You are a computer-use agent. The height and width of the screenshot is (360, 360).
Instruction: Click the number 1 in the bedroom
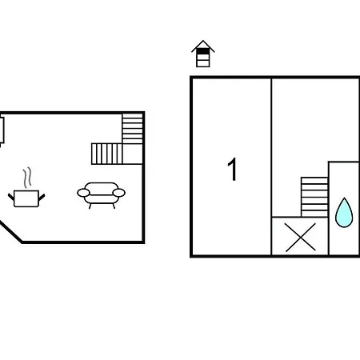point(233,169)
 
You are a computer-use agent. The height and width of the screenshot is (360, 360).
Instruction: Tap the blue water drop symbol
point(344,213)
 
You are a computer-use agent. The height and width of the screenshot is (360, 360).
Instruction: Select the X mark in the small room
point(301,237)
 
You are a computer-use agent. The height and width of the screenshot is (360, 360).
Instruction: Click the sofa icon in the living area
point(101,195)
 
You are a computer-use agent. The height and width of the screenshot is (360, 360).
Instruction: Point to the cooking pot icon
point(26,198)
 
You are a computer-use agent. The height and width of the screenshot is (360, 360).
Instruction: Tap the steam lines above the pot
point(27,178)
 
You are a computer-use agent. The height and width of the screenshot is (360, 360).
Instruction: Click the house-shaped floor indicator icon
point(203,54)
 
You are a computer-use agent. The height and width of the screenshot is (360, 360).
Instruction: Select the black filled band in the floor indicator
point(203,51)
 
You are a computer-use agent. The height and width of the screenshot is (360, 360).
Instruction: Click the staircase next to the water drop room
point(314,197)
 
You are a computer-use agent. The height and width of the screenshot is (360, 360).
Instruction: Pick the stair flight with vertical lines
point(106,154)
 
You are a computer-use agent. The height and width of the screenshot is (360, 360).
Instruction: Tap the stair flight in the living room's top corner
point(133,129)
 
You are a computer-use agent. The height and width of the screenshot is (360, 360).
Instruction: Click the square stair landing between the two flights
point(133,154)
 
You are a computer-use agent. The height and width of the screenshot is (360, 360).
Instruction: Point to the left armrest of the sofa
point(83,193)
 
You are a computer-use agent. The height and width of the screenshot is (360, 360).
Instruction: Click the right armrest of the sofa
point(119,193)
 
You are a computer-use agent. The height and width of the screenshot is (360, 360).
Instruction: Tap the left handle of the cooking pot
point(11,197)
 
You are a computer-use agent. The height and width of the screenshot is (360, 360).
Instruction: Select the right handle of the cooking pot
point(42,198)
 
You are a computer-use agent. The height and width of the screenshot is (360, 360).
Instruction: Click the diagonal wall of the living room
point(10,231)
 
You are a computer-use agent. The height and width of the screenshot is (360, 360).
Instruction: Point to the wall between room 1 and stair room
point(271,166)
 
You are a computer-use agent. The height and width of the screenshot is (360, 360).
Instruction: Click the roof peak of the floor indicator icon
point(203,41)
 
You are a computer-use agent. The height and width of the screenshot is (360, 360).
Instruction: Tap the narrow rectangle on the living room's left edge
point(2,130)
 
